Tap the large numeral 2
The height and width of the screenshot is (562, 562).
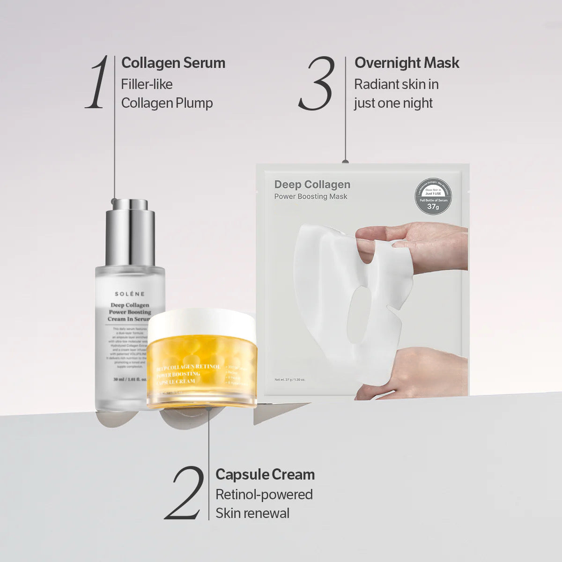(185, 493)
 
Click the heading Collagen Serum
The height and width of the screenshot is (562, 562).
(173, 63)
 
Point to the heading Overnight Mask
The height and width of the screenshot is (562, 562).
(407, 63)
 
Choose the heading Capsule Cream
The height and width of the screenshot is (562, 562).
(265, 474)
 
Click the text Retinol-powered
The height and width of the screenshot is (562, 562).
(264, 495)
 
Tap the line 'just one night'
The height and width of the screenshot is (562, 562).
(393, 103)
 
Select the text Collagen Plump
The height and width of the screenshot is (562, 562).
(167, 103)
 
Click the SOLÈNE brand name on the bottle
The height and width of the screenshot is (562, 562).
(130, 294)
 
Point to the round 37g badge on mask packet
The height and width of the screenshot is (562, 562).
(433, 196)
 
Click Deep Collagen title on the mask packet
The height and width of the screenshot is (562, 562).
(312, 185)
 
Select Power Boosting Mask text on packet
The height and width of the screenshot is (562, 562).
(311, 197)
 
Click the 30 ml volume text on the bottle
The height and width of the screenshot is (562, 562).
(130, 379)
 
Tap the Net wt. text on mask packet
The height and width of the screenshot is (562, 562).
(290, 380)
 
